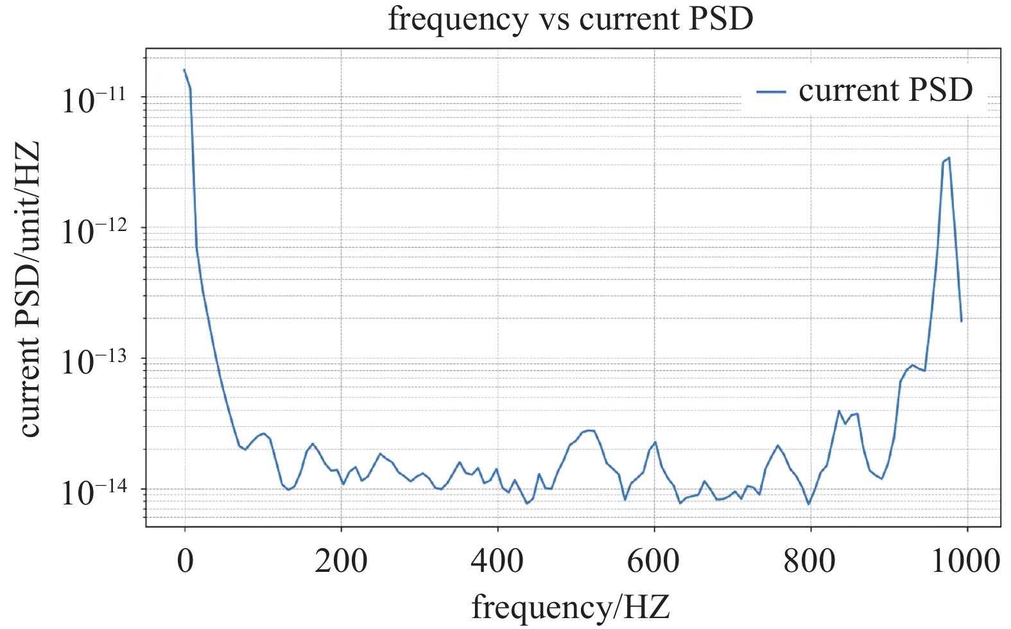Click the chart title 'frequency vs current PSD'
[570, 19]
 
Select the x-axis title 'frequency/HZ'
[570, 606]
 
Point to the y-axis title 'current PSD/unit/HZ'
[29, 289]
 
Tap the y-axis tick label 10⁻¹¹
[94, 99]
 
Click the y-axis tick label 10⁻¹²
[94, 230]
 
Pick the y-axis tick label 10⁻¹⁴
[94, 492]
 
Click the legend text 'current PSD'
[886, 90]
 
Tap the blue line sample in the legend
[771, 92]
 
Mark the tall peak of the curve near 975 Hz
[948, 158]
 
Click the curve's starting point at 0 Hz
[185, 70]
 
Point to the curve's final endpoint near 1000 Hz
[961, 320]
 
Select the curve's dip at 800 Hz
[809, 504]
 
